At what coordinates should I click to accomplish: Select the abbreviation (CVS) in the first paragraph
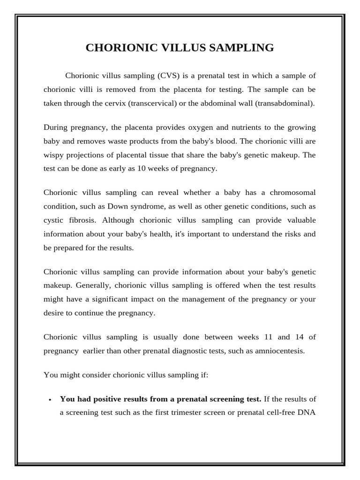pyautogui.click(x=168, y=75)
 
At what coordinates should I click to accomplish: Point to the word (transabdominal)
pyautogui.click(x=285, y=103)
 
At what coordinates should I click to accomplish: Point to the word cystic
pyautogui.click(x=53, y=220)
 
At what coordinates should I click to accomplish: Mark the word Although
pyautogui.click(x=118, y=220)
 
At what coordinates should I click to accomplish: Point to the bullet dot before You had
pyautogui.click(x=50, y=399)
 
